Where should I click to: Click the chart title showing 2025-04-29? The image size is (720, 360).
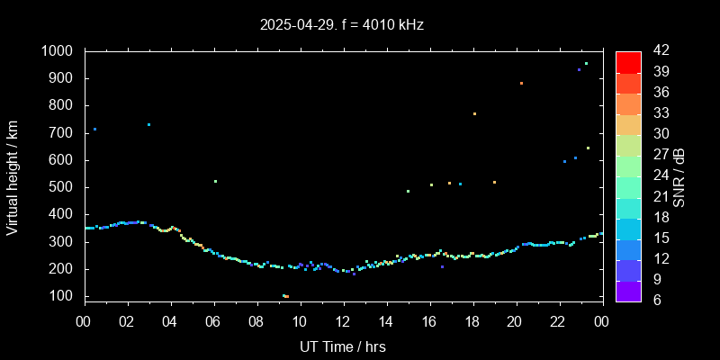coord(342,24)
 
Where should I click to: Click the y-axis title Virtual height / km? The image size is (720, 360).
coord(13,177)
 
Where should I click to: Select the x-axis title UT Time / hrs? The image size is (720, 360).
coord(343,346)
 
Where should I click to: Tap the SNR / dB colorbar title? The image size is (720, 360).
coord(679,177)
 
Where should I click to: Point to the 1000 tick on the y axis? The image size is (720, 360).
coord(59,51)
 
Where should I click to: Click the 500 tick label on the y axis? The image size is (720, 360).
coord(63,187)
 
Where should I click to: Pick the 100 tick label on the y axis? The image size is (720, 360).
coord(63,296)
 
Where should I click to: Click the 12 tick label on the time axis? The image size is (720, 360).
coord(343,322)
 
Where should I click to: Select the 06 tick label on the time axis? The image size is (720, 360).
coord(214,322)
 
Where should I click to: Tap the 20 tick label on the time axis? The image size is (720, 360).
coord(515,322)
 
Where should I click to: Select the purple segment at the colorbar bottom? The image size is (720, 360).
coord(628,290)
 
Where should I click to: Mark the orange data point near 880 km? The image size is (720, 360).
coord(521,83)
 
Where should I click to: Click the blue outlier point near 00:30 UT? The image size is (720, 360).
coord(94,129)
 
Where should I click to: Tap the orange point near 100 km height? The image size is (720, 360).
coord(284,296)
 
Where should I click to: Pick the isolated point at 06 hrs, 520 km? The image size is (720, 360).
coord(215,181)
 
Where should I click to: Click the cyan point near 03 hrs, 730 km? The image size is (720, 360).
coord(148,124)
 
